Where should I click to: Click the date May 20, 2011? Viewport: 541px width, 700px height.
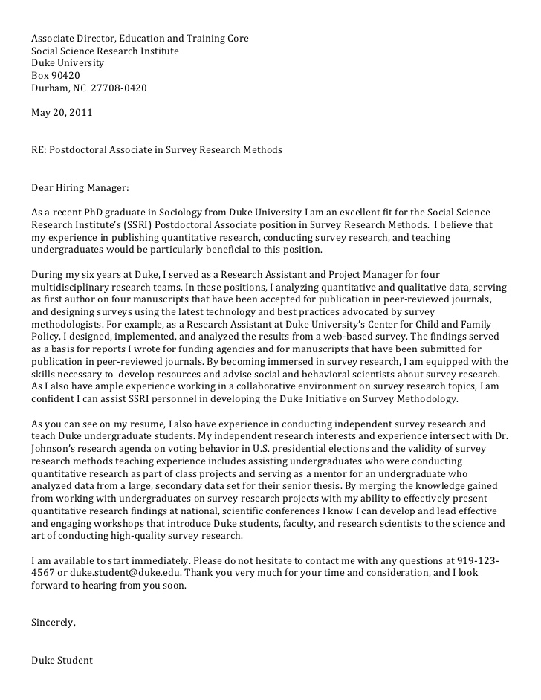click(x=62, y=113)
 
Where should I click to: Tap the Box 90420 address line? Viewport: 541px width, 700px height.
click(x=55, y=76)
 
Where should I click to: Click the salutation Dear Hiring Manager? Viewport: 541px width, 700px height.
click(x=80, y=188)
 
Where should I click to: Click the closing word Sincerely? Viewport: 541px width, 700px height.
click(x=53, y=623)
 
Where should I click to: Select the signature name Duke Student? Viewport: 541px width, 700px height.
click(x=62, y=660)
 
